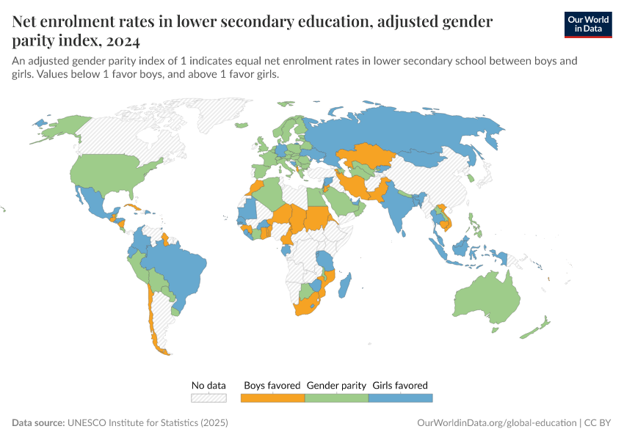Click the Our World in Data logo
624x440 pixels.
[587, 24]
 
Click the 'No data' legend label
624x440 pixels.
[208, 385]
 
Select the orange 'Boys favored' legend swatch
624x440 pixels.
[272, 397]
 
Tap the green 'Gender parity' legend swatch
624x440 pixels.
[336, 397]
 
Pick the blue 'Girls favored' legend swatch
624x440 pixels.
[400, 397]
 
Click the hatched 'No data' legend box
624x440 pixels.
[208, 397]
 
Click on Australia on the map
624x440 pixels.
[487, 298]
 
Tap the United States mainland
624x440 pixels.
[110, 172]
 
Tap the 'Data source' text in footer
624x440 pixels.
[38, 423]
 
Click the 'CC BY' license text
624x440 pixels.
[598, 423]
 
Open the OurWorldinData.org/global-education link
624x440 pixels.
[496, 423]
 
